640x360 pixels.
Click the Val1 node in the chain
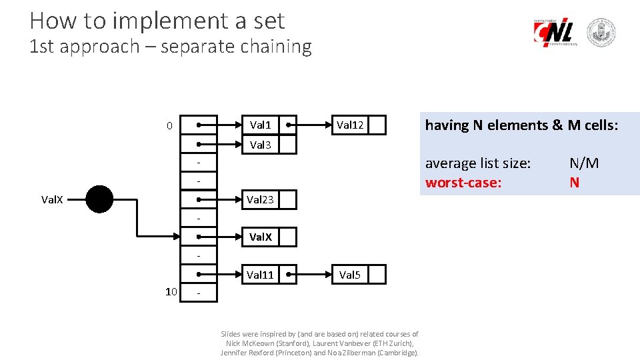pos(260,125)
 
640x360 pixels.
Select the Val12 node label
pos(350,125)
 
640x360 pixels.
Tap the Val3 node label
pos(260,145)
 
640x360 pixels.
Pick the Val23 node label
pos(260,199)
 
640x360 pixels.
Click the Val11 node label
pos(260,275)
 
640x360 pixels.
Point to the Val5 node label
pos(350,275)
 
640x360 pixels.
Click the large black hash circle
pos(99,199)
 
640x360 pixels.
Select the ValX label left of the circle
pos(53,199)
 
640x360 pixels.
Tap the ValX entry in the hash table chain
pos(260,237)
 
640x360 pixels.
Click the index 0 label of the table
pos(169,126)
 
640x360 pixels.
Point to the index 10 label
pos(171,291)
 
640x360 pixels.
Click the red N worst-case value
pos(574,182)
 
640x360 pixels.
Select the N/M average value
pos(584,163)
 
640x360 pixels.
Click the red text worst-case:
pos(463,182)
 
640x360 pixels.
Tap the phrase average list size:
pos(478,163)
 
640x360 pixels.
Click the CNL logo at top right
pos(555,32)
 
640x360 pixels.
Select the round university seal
pos(601,33)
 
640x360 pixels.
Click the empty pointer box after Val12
pos(377,125)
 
